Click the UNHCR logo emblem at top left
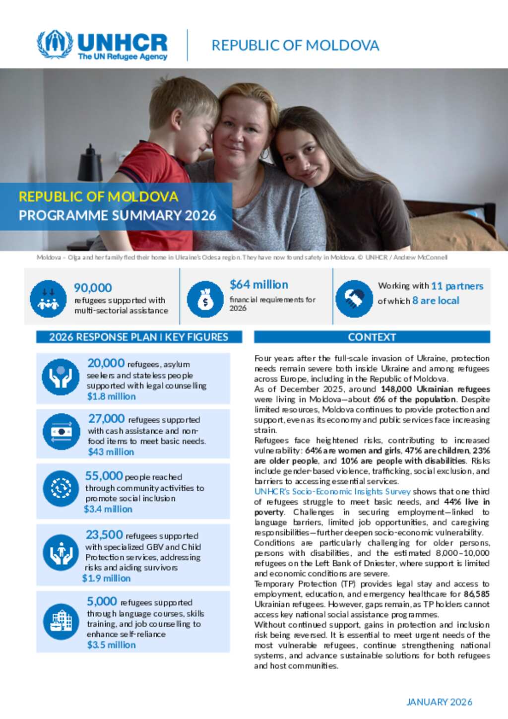coord(55,45)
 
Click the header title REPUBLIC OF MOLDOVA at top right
coord(295,46)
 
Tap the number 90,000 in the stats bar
coord(93,288)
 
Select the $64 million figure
coord(258,285)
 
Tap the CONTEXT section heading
coord(372,337)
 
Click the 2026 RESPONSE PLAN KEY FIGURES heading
coord(138,337)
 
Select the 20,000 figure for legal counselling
coord(106,363)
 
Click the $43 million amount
coord(111,452)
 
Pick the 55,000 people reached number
coord(104,476)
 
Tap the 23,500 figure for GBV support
coord(104,535)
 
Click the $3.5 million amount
coord(111,645)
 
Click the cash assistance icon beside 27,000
coord(61,432)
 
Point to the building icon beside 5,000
coord(61,621)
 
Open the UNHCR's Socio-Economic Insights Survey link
coord(332,492)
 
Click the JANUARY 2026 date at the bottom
coord(439,702)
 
